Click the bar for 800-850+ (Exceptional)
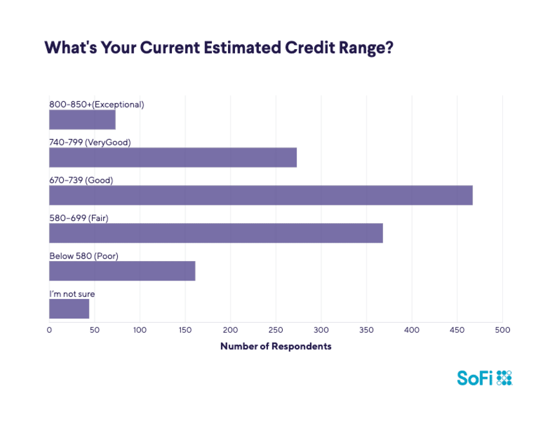82,120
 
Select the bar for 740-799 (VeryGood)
173,158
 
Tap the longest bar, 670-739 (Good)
261,195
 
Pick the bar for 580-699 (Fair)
216,233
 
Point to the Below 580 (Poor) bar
122,271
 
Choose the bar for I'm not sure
69,309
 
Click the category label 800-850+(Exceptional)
97,104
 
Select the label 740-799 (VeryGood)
90,142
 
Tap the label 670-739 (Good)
81,180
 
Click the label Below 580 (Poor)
84,256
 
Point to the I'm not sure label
72,294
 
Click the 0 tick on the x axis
49,330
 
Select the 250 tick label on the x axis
276,330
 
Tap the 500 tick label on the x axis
502,330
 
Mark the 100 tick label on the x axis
140,330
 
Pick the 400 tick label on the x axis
412,330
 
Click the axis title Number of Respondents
276,346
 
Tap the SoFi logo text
475,378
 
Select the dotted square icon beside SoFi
504,378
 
